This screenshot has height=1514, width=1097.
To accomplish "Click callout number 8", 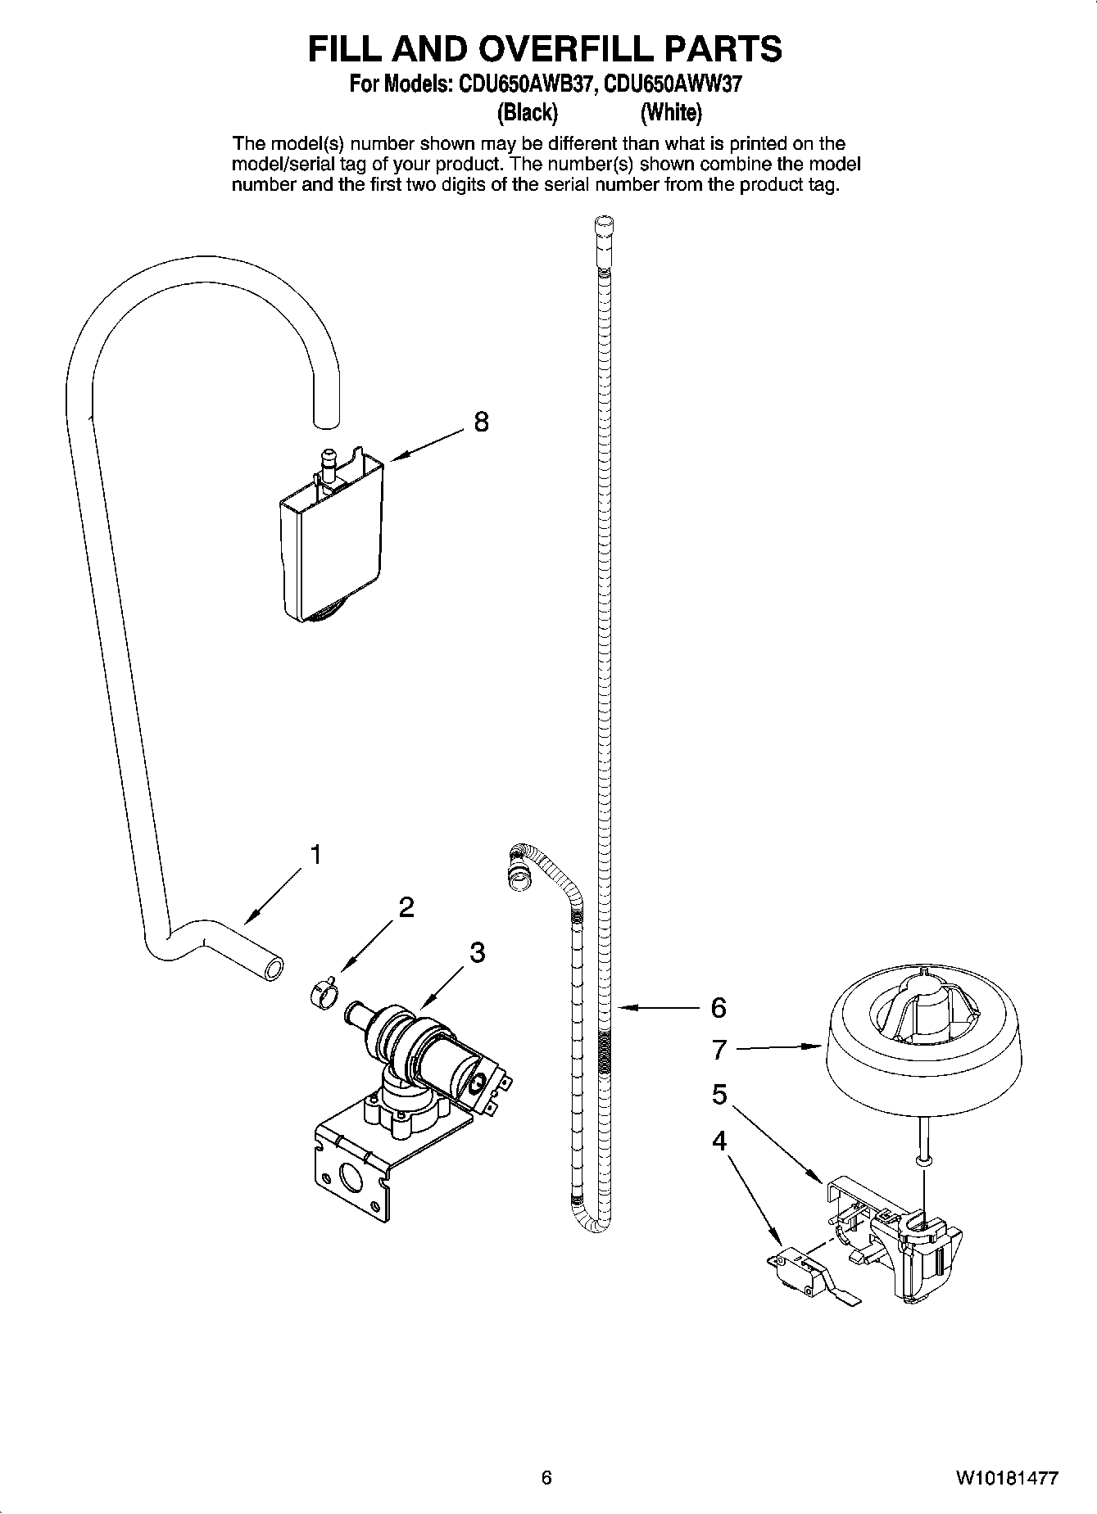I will click(x=481, y=422).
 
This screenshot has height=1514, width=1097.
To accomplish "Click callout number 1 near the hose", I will click(x=314, y=855).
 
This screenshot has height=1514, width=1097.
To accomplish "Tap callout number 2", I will click(x=406, y=907).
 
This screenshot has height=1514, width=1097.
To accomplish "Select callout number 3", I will click(x=477, y=952).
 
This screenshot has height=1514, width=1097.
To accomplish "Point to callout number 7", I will click(x=718, y=1048).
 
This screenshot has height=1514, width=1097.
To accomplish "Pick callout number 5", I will click(x=718, y=1094).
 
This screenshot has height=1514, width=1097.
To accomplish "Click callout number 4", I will click(x=718, y=1141).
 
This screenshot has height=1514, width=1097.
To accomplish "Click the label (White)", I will click(x=671, y=111).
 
